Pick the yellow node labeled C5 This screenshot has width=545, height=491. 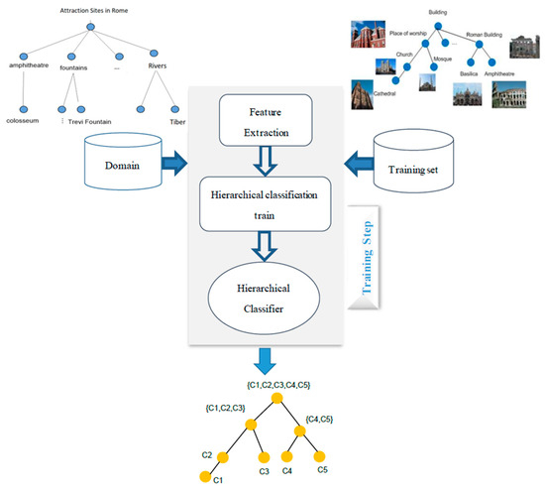(x=320, y=457)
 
